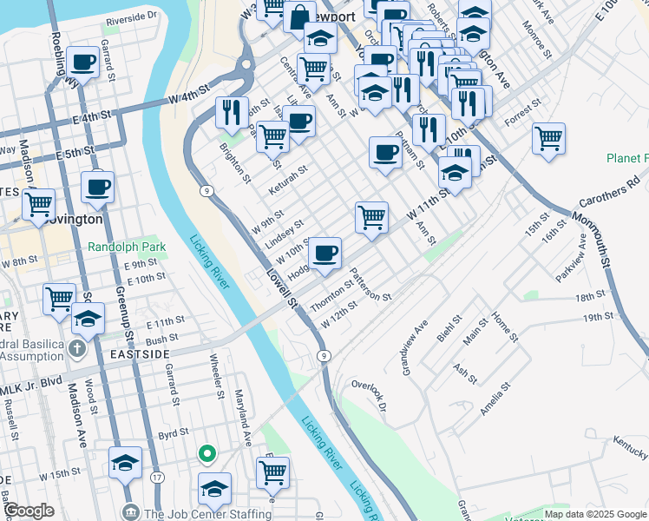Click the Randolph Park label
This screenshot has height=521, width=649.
coord(127,247)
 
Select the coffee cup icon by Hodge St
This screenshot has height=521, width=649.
coord(324,254)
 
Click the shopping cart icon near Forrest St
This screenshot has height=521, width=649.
coord(548,137)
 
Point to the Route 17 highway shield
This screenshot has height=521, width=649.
coord(157,478)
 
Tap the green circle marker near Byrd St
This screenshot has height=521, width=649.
coord(206,452)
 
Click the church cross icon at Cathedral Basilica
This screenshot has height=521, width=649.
coord(76,350)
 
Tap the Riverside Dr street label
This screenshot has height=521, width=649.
coord(132,16)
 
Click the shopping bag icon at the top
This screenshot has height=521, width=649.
coord(299,16)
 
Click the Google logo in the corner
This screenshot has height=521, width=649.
coord(29,511)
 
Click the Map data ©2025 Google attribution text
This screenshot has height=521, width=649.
coord(595,514)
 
